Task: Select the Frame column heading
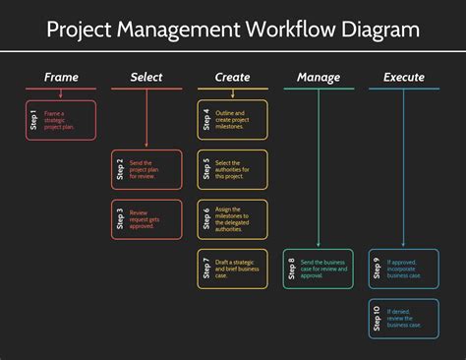coord(61,77)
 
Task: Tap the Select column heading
coord(146,77)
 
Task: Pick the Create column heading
coord(232,77)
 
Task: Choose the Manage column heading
coord(319,77)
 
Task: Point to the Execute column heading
coord(404,77)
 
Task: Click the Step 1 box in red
coord(61,119)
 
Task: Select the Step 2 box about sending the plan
coord(146,169)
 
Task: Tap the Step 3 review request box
coord(146,219)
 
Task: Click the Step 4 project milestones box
coord(232,119)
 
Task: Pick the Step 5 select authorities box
coord(232,169)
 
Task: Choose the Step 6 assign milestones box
coord(232,219)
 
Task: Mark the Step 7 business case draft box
coord(232,269)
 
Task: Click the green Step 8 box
coord(319,269)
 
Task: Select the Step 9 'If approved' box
coord(404,269)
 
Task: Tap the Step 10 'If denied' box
coord(404,319)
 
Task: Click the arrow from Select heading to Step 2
coord(146,118)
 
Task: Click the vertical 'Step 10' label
coord(378,319)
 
